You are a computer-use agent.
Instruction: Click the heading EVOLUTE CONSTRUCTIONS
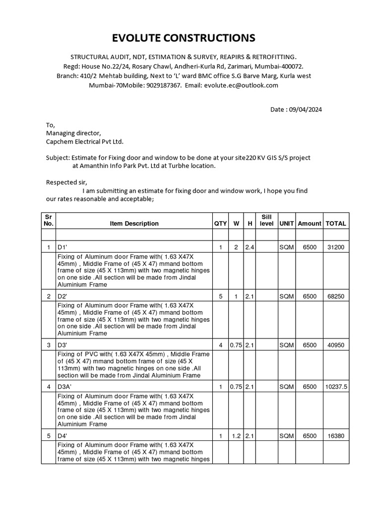pyautogui.click(x=190, y=38)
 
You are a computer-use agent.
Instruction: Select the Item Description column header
pyautogui.click(x=134, y=224)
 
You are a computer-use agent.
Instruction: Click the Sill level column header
pyautogui.click(x=266, y=220)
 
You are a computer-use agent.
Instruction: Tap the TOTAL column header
pyautogui.click(x=336, y=224)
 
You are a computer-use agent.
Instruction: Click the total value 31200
pyautogui.click(x=336, y=247)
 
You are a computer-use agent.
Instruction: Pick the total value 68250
pyautogui.click(x=336, y=296)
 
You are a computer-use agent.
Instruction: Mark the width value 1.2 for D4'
pyautogui.click(x=236, y=436)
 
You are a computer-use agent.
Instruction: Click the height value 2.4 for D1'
pyautogui.click(x=250, y=247)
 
